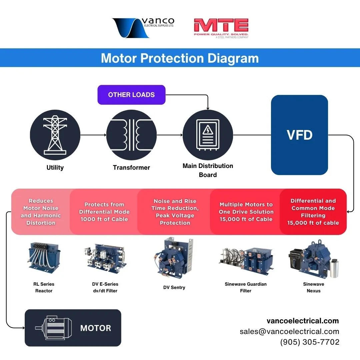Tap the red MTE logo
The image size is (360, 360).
(x=221, y=28)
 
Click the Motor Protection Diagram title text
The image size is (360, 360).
(x=180, y=58)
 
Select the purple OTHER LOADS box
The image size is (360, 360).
(x=131, y=95)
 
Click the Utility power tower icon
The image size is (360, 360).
(x=55, y=135)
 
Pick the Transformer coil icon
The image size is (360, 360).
(x=131, y=135)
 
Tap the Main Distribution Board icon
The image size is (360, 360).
(x=208, y=135)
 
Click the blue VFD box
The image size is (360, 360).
(x=299, y=135)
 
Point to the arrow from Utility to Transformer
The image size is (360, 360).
(x=93, y=135)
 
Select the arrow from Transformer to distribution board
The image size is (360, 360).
(x=170, y=135)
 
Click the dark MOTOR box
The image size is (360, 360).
(x=73, y=328)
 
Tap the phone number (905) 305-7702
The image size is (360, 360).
(x=310, y=342)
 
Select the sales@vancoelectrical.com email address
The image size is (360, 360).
(x=289, y=331)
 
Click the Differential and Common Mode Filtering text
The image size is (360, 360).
(x=313, y=212)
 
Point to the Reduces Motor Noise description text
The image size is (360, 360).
(x=41, y=212)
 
